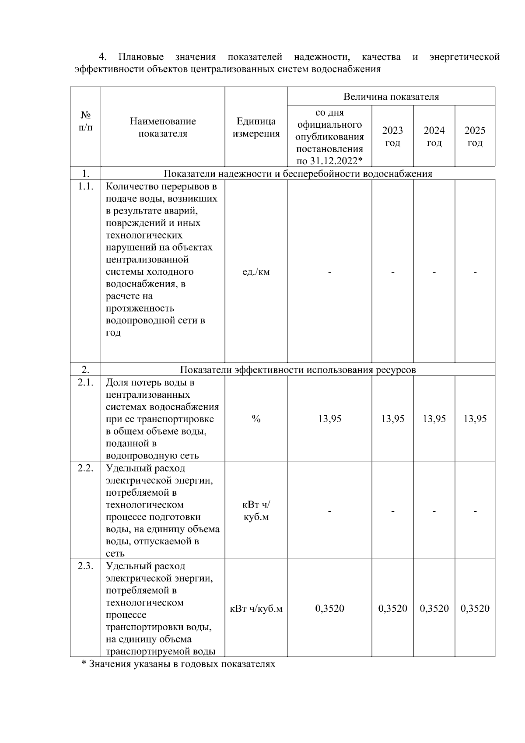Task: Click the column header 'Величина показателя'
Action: (x=391, y=97)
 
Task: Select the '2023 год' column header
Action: (x=392, y=137)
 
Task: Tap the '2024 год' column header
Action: (x=434, y=137)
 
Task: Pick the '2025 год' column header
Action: (x=475, y=137)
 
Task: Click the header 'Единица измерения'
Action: (x=256, y=127)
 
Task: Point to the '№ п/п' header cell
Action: (x=86, y=121)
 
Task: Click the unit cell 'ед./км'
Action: (x=256, y=272)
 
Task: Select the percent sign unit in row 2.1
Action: (x=256, y=419)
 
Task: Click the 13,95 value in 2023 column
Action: (x=392, y=419)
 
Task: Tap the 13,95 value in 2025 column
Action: (x=475, y=419)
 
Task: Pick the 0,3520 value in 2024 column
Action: (x=434, y=608)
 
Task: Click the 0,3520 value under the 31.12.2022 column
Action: (x=329, y=608)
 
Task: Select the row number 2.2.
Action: (x=86, y=468)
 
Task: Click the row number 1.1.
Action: (x=86, y=186)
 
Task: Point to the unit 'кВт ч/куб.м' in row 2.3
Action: (x=256, y=608)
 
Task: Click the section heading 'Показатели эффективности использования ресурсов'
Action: (x=297, y=370)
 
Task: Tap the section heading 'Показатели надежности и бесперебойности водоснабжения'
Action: (x=297, y=174)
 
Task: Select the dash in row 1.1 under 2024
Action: (x=434, y=272)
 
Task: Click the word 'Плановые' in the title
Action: (x=141, y=57)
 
